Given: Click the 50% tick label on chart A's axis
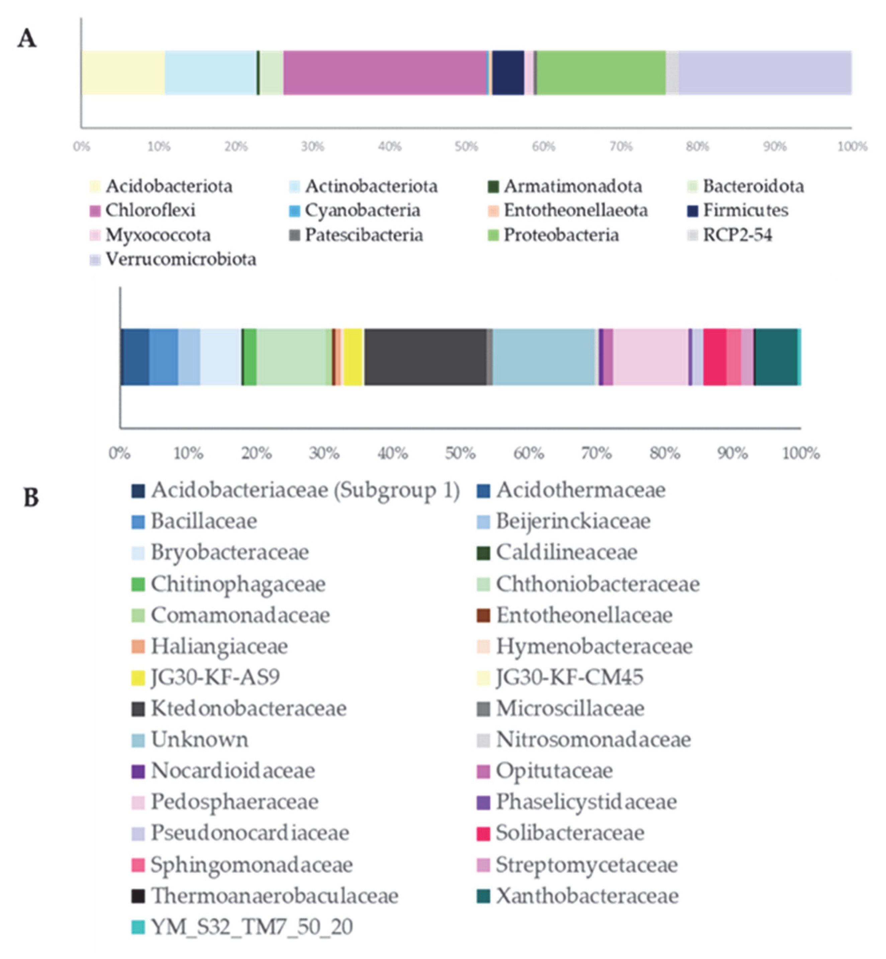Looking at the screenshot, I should (466, 146).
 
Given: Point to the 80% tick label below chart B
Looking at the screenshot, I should (664, 453).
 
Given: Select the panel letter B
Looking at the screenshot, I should (31, 498).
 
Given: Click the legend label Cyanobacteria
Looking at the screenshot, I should (362, 210).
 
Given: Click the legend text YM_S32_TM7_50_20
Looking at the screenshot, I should (252, 927).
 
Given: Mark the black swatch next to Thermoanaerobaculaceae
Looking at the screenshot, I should (138, 896).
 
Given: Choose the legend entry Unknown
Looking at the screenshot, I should (199, 740).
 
